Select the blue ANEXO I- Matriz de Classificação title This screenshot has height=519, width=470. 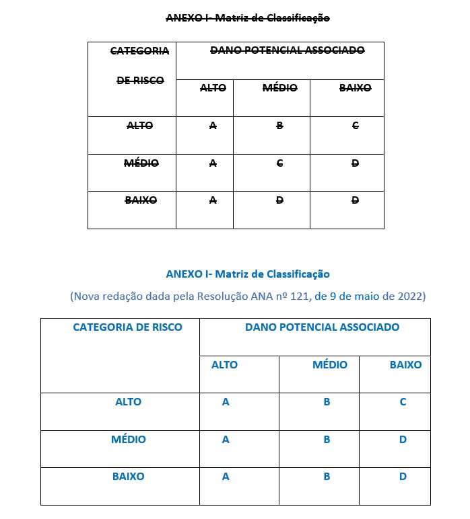click(x=248, y=274)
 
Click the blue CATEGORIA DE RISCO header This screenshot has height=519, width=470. click(x=127, y=327)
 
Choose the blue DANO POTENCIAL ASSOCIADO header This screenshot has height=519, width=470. click(x=322, y=327)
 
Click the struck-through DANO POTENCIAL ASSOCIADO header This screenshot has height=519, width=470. click(x=288, y=50)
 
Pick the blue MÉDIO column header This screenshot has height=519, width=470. click(x=329, y=365)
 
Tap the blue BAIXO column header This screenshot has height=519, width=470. click(x=405, y=365)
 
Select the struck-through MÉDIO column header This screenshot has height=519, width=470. click(x=279, y=88)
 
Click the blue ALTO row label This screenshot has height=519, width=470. click(x=128, y=402)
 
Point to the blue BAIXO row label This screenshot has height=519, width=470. click(x=128, y=477)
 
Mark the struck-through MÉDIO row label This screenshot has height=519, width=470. click(x=141, y=163)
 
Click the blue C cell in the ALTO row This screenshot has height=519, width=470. click(x=403, y=402)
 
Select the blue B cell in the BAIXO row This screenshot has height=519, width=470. click(x=327, y=477)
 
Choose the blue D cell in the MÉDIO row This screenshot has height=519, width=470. click(x=403, y=440)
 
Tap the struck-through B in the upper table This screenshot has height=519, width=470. click(x=279, y=126)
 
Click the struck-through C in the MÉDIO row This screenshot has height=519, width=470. click(x=279, y=163)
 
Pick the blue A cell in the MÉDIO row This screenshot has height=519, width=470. click(x=226, y=440)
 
